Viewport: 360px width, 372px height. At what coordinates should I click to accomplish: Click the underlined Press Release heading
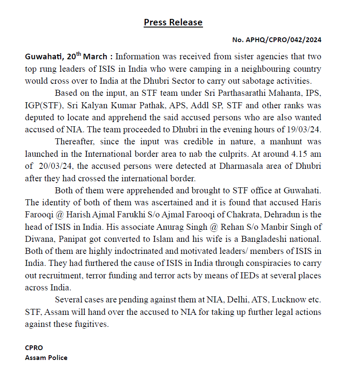coord(173,22)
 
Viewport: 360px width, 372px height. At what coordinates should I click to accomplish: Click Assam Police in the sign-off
coord(46,357)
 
